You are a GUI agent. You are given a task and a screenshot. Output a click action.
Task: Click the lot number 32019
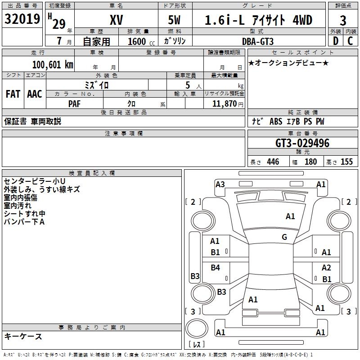22,20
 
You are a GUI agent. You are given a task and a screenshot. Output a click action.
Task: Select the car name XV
116,20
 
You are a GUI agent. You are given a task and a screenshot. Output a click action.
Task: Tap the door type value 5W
175,20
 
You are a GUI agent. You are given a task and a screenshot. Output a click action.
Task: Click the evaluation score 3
343,20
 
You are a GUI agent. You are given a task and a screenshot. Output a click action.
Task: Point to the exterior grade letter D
335,40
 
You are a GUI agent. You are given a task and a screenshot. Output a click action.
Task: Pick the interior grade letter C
350,40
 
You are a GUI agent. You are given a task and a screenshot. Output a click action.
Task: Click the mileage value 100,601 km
52,65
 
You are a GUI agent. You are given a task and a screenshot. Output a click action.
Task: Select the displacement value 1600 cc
140,41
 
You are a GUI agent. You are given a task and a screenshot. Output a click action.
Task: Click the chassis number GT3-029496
302,144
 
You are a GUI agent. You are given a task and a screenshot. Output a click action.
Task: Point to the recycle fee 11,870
224,103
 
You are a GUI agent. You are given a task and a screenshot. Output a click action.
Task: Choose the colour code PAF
75,103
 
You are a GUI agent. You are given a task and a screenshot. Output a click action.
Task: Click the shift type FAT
13,94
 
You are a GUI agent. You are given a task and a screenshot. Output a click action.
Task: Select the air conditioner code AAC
34,94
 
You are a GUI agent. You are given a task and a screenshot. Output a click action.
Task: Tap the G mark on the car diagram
284,237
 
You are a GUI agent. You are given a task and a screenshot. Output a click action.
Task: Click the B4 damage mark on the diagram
216,268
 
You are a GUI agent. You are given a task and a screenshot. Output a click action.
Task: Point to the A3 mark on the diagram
220,184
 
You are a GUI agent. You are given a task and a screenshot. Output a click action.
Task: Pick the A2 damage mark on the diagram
326,268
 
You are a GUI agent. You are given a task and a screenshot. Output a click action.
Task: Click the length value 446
273,162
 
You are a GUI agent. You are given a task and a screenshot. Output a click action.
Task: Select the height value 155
346,162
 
